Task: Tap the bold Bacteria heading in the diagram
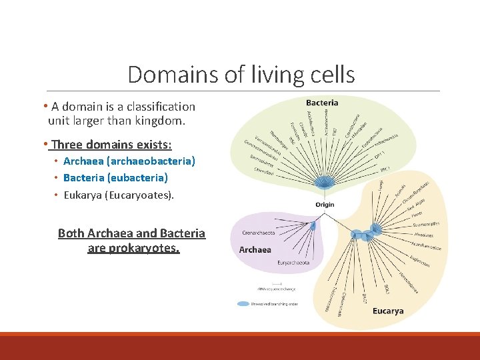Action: pos(322,103)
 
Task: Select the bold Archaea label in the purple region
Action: pos(255,249)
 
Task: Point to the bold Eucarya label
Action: pos(388,311)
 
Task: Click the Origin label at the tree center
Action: pos(325,205)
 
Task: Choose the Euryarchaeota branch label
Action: pos(293,263)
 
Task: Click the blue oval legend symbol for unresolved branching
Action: pos(244,303)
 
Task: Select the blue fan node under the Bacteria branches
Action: pos(325,183)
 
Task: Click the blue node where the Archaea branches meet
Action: pos(313,227)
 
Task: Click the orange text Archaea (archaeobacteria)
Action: pos(129,161)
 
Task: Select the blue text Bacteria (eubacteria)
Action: pos(115,178)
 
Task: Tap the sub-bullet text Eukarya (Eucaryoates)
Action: pos(119,195)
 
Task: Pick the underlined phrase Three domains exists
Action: pos(111,144)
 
